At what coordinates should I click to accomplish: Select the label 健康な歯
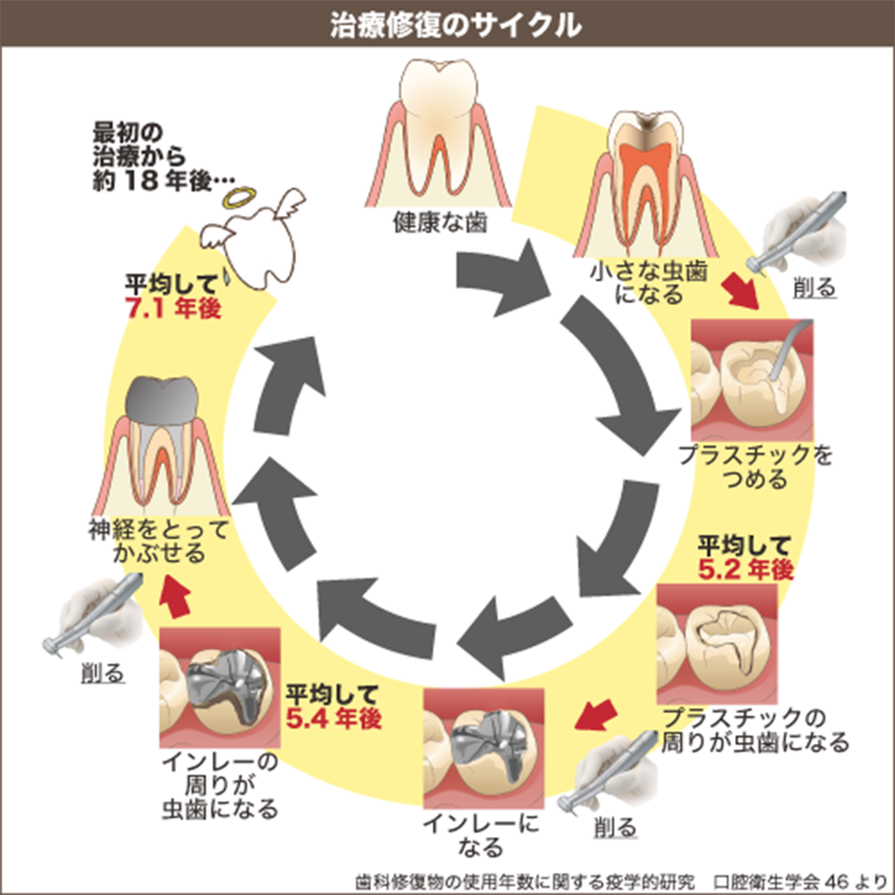(440, 224)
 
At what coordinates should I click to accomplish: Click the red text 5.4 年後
(335, 716)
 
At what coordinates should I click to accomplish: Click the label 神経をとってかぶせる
(158, 541)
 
